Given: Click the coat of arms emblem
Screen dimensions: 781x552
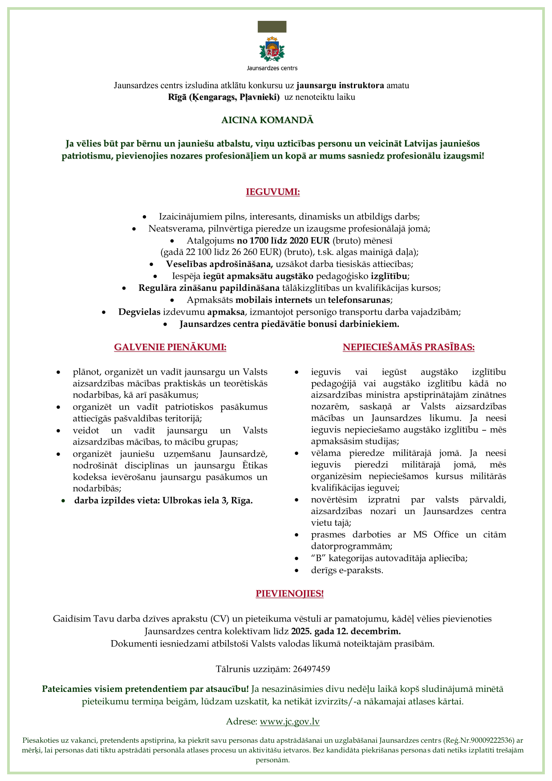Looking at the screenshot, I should (x=272, y=49).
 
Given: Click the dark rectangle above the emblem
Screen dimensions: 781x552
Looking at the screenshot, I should (x=272, y=27).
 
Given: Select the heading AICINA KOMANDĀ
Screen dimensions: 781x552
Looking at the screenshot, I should (x=268, y=120).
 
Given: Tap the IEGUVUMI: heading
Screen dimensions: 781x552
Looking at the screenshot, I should (x=273, y=192).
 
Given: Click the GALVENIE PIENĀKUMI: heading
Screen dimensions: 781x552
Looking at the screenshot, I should (x=170, y=347).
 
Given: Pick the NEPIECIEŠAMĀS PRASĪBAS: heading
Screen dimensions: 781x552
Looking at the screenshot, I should (x=408, y=347).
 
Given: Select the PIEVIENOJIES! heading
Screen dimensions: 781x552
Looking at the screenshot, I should (x=289, y=593).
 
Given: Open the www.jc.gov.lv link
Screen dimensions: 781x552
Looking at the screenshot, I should (x=289, y=722).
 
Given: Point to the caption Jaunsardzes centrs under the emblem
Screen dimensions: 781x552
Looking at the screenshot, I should (x=272, y=68).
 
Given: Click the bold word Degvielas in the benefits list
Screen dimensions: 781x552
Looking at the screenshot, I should (x=139, y=312).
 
